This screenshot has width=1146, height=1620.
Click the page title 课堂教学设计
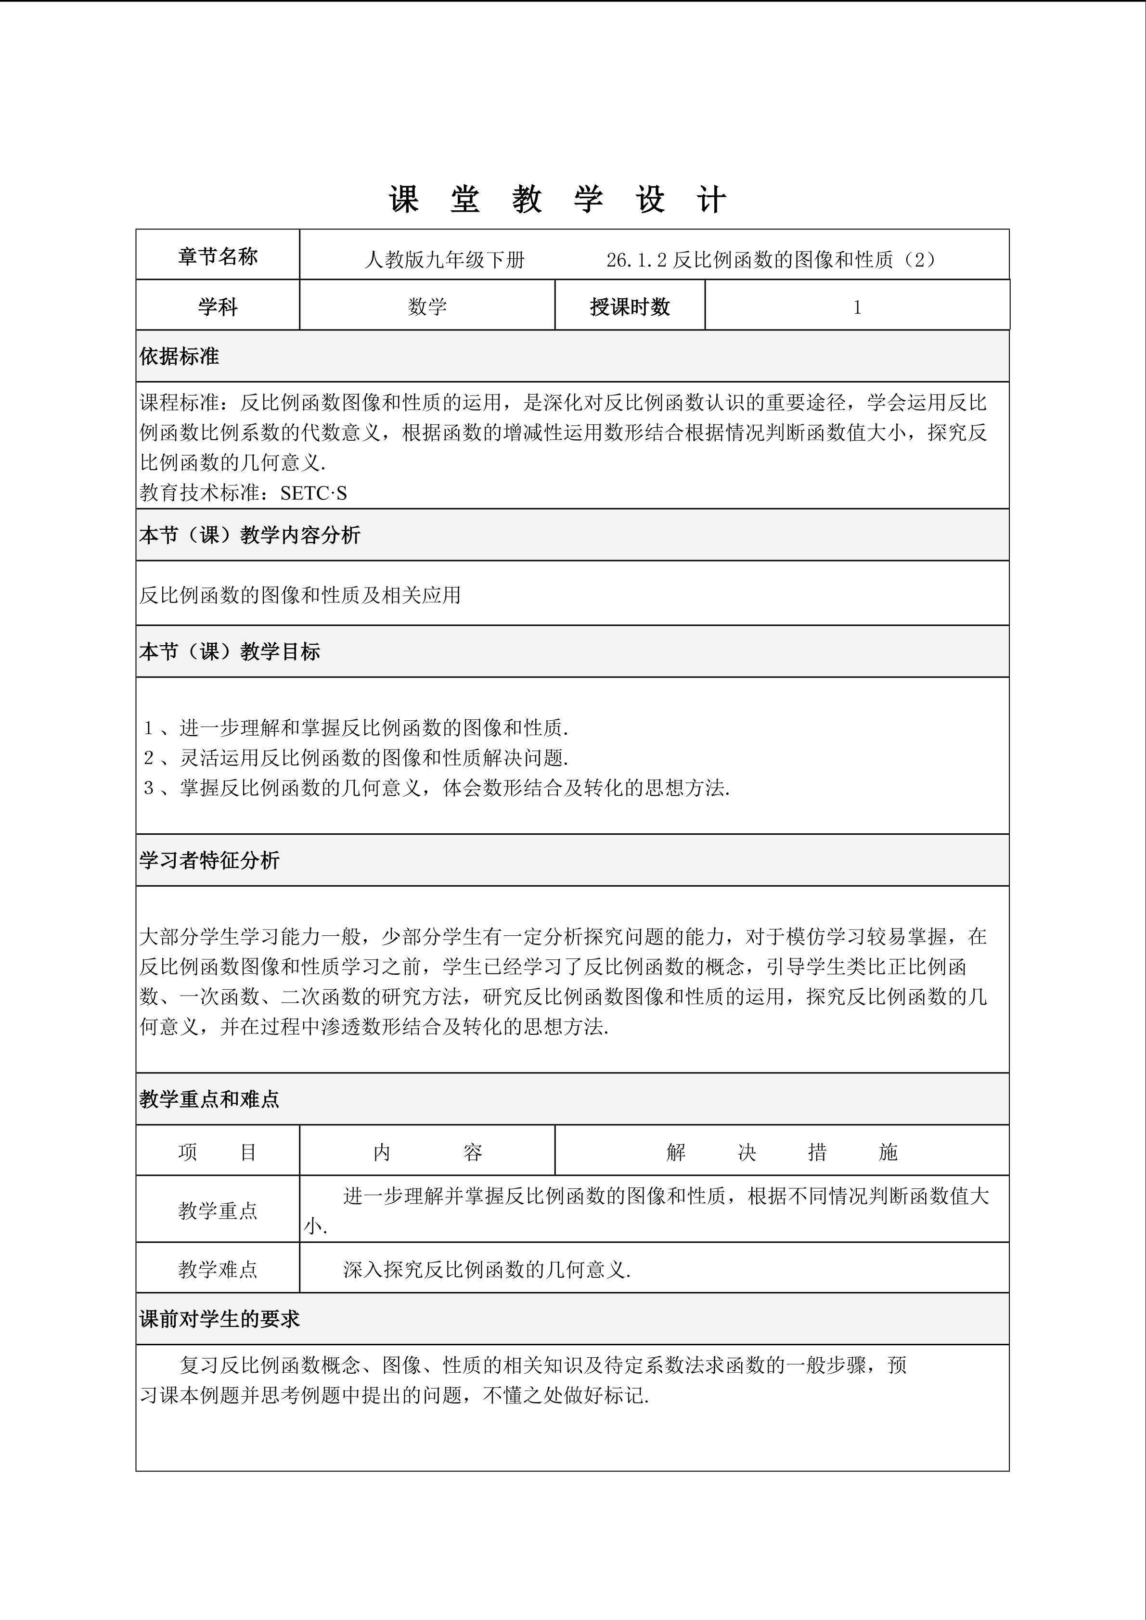(557, 200)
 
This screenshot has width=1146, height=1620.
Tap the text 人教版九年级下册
(445, 260)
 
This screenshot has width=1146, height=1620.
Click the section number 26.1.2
(636, 260)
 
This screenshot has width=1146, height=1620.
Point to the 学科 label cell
(218, 307)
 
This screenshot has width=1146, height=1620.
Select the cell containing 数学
(427, 307)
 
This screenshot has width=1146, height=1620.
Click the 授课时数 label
(630, 307)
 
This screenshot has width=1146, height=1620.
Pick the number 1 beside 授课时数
(857, 307)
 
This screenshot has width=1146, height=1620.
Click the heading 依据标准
(179, 357)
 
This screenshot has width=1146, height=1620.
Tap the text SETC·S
(313, 493)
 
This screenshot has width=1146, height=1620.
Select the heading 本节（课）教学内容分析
(250, 535)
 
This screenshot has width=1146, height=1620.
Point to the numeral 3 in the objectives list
(149, 788)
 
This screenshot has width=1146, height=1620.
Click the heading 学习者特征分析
(209, 860)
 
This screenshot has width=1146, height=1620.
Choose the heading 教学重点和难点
(209, 1098)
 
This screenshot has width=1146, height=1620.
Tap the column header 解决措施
(781, 1152)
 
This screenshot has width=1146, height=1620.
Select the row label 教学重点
(218, 1211)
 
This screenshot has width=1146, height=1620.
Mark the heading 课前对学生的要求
(219, 1319)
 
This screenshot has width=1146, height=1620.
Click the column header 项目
(218, 1152)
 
